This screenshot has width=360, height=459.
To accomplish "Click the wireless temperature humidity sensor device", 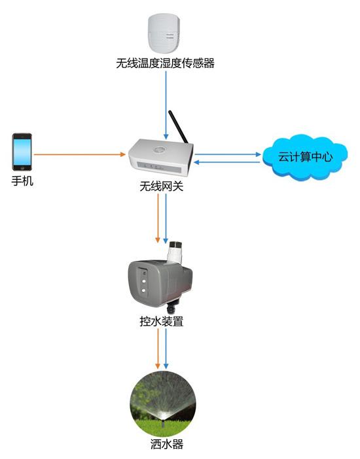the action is tap(164, 33).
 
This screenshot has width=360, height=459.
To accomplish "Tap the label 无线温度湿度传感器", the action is tap(165, 63).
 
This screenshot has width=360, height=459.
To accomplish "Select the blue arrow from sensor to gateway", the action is tap(166, 105).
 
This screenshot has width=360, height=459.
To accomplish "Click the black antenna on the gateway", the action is tap(178, 127).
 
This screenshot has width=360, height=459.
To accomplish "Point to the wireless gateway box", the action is tap(160, 158).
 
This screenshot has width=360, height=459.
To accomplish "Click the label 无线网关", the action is tap(161, 186).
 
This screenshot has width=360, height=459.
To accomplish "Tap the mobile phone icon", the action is tap(22, 152).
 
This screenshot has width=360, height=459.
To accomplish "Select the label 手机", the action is tap(22, 180).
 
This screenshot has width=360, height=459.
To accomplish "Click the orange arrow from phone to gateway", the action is tap(80, 154).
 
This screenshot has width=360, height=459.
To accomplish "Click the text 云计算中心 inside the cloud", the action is tap(305, 157).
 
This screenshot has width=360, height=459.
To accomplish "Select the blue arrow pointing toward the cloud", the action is tap(228, 154).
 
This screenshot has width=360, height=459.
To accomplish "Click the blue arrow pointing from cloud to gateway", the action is tap(227, 162).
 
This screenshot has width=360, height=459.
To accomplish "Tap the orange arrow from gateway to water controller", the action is tap(158, 218).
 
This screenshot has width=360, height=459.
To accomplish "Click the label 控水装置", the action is tap(161, 322).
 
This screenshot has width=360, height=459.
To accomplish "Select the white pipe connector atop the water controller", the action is tap(175, 252).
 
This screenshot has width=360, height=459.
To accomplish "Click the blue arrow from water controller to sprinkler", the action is tap(166, 348).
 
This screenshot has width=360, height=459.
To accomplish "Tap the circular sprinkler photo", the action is tap(163, 404).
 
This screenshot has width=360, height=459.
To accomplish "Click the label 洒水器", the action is tap(167, 445).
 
